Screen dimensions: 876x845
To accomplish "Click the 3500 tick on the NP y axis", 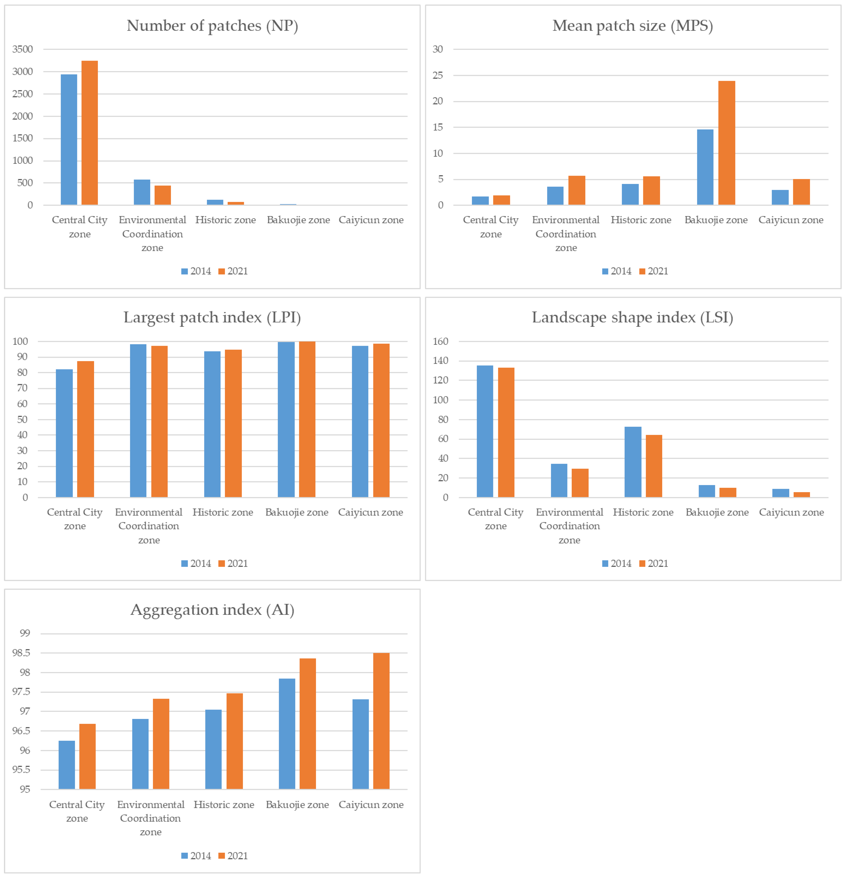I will click(x=22, y=49).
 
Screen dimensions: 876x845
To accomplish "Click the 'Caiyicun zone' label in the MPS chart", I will click(x=790, y=220).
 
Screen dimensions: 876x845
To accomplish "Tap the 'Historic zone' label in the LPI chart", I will click(x=223, y=512).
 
